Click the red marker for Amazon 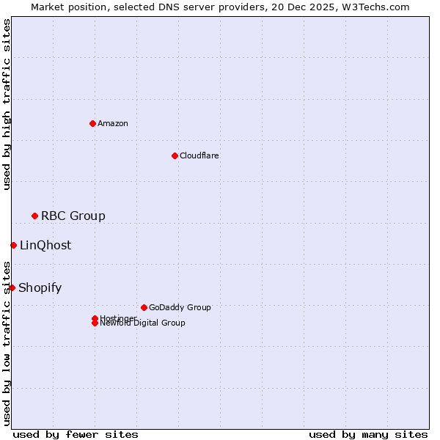click(x=92, y=123)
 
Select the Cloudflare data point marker click(x=175, y=155)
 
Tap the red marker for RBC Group click(x=34, y=216)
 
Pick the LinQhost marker click(x=13, y=245)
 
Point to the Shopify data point click(x=12, y=287)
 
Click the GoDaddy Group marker click(x=144, y=307)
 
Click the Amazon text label click(x=113, y=123)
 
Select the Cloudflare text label click(x=199, y=155)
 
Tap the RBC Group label click(x=73, y=216)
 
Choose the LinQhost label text click(x=45, y=245)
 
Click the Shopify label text click(x=40, y=287)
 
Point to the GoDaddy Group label click(x=180, y=307)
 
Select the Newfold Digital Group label click(x=142, y=323)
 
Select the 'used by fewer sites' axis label click(x=76, y=434)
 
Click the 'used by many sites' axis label click(x=368, y=434)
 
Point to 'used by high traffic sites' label click(x=7, y=104)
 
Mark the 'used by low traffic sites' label click(x=7, y=342)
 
